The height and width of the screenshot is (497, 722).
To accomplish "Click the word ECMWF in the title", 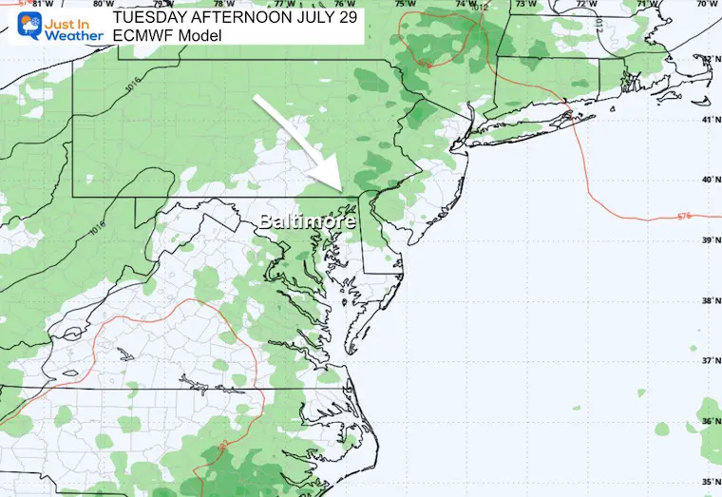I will coord(143,35).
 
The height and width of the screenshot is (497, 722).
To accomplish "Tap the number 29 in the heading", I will coord(343,16).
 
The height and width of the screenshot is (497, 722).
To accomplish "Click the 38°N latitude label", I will coord(708,301).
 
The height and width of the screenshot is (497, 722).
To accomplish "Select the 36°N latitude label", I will coord(708,421).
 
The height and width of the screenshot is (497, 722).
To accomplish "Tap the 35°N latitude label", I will coord(708,480).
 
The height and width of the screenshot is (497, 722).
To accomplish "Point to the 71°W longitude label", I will coord(644,5).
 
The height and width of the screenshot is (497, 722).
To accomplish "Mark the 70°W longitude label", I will coord(704,5).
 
